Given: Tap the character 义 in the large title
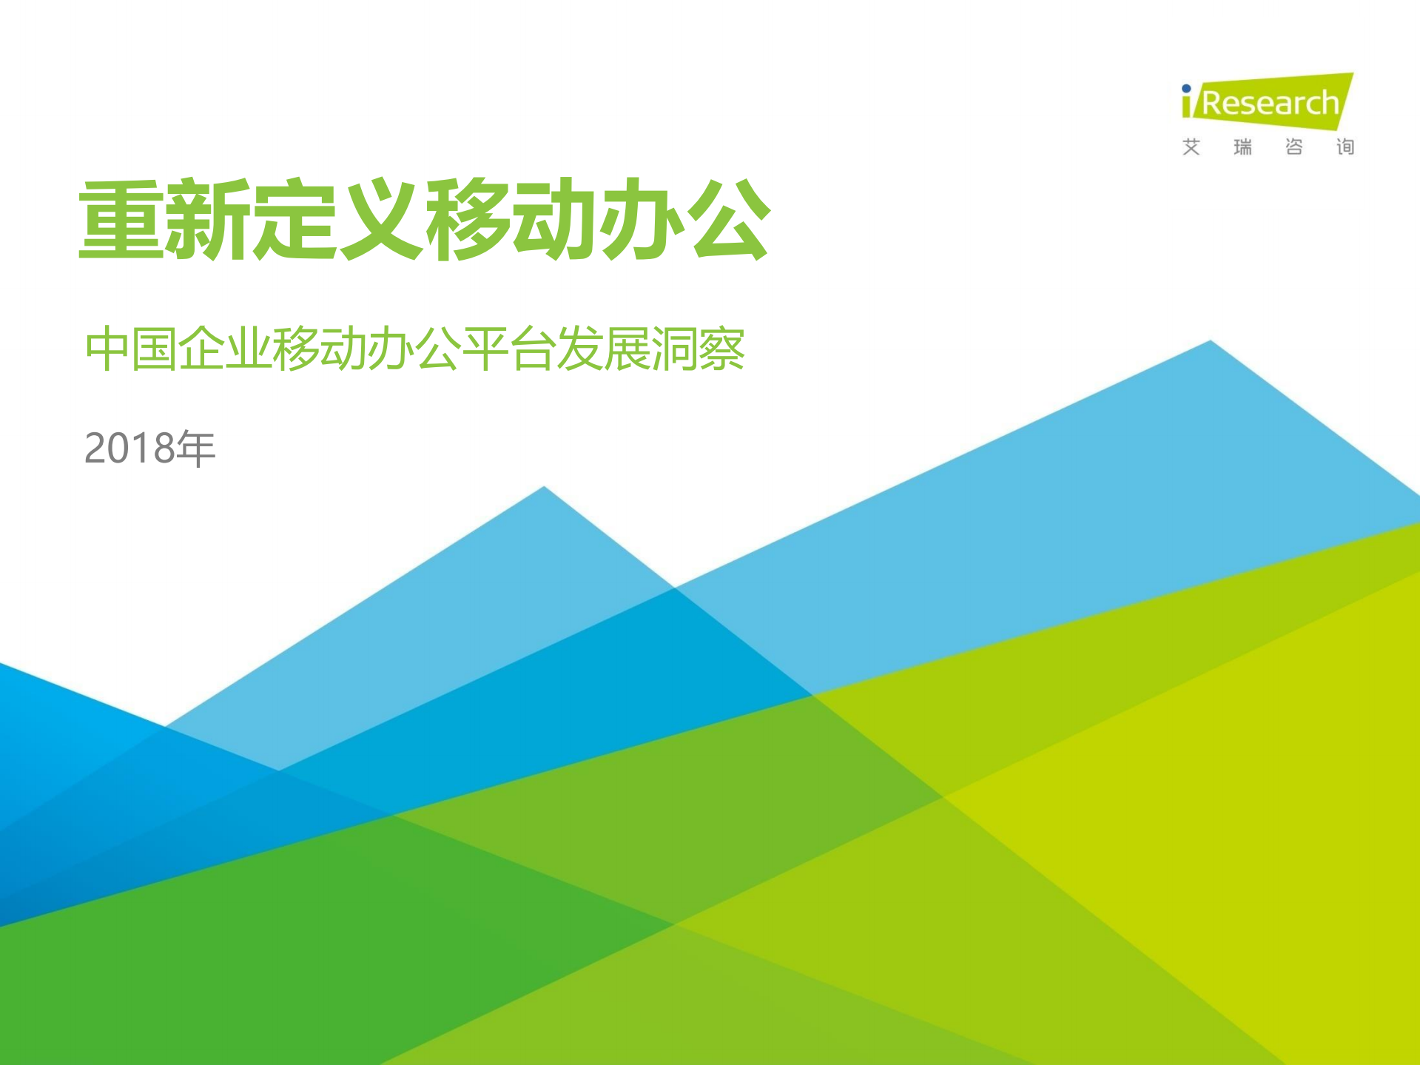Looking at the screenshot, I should pos(381,220).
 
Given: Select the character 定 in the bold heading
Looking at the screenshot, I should pos(295,220).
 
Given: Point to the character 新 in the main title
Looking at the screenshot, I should pos(208,220).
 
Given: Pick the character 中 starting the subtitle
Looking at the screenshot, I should pos(108,349).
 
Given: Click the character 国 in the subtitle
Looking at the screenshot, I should pos(155,349).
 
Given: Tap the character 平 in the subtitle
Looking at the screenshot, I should pos(485,349).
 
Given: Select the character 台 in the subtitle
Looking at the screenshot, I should pos(533,349).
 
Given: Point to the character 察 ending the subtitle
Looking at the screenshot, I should pos(721,349).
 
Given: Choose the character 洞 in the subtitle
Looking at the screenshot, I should pos(674,349).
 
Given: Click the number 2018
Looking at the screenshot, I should pos(130,448).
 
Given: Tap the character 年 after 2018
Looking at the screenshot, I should pos(195,448).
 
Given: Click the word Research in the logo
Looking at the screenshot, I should pos(1270,104).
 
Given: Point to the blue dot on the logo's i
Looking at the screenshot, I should pos(1186,89).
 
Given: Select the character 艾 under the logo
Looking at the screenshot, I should pos(1191,147).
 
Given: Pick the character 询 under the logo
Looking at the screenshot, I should pos(1345,147).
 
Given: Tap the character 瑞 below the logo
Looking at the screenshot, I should pos(1242,147).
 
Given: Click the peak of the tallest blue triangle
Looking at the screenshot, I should pos(1211,342).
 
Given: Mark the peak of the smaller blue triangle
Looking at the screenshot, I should pos(544,488).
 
